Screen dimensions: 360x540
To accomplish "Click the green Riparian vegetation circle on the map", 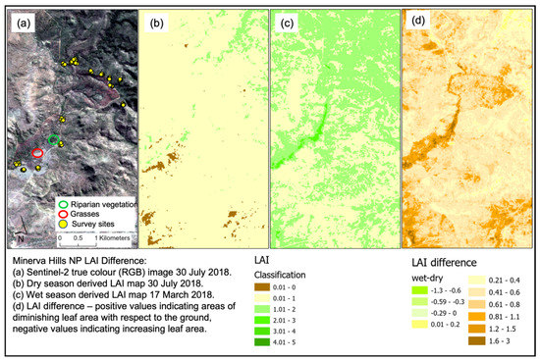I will (x=54, y=139).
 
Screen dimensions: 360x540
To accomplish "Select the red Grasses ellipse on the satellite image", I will (x=37, y=154).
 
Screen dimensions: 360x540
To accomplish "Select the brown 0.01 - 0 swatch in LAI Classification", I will (x=262, y=286).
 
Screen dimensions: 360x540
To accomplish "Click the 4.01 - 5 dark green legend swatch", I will (x=262, y=344).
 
